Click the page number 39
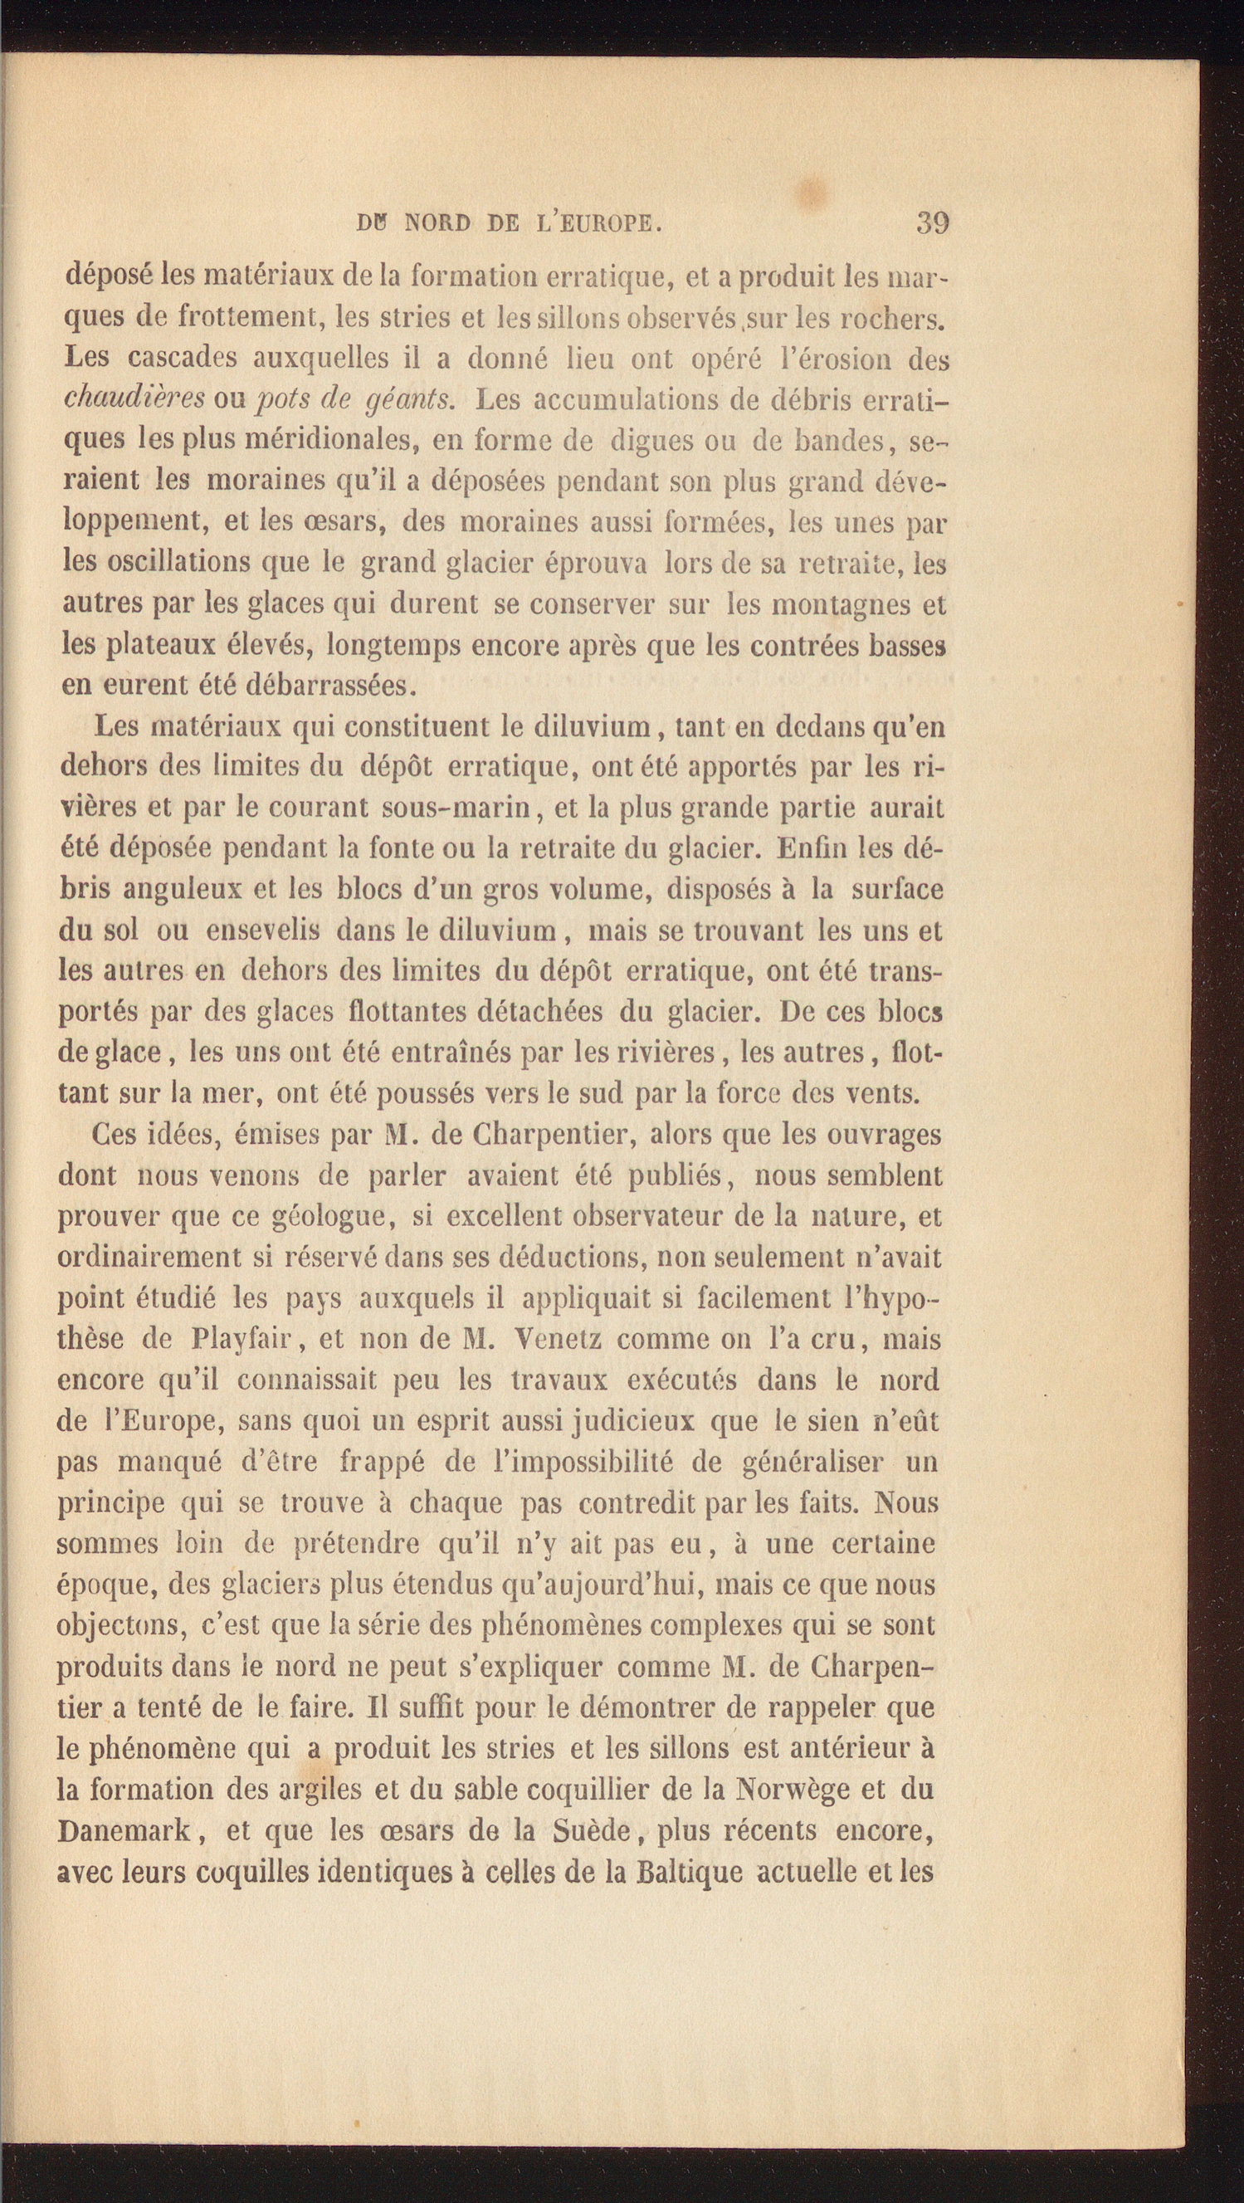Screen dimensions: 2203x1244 932,223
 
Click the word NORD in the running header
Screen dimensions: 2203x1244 437,224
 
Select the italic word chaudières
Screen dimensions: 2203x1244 134,398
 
